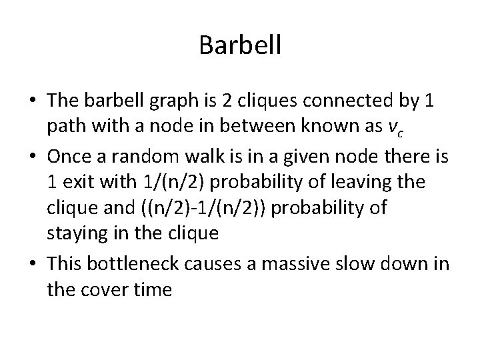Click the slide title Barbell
point(240,45)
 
